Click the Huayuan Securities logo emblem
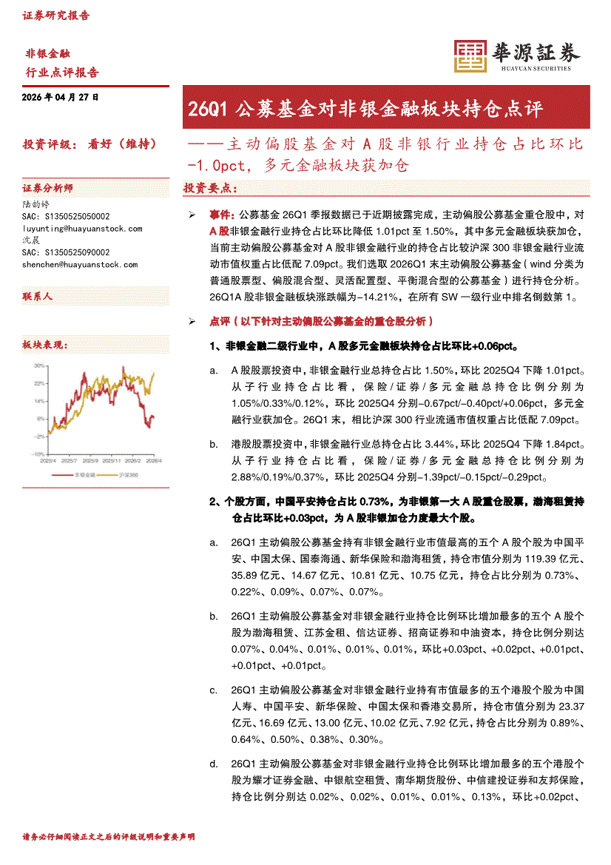coord(468,55)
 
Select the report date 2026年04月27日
coord(61,97)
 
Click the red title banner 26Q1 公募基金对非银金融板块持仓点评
coord(365,110)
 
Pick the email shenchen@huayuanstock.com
coord(79,264)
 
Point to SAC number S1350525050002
coord(66,217)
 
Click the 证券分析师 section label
coord(48,188)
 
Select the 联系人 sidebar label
coord(38,296)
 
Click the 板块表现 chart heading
coord(45,346)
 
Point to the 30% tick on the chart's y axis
coord(38,366)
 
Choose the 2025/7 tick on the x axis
coord(69,461)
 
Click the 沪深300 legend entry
coord(129,474)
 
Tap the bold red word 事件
coord(220,214)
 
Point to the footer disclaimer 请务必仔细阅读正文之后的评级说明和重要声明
coord(109,837)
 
